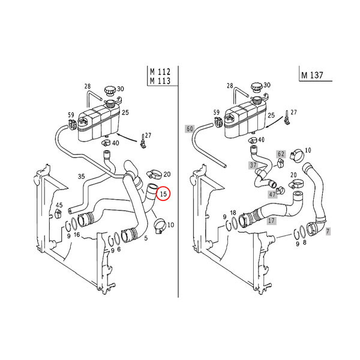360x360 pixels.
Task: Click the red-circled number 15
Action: (163, 194)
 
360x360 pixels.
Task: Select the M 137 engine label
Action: (312, 76)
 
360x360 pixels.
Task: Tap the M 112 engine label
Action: (160, 72)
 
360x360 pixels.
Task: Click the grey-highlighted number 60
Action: (190, 129)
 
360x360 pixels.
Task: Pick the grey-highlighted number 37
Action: (253, 165)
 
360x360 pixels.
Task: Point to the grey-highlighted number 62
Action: (281, 154)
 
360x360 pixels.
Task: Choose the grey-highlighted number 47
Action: (272, 194)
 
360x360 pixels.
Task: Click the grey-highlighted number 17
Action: (271, 221)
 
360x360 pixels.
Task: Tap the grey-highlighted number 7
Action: (328, 232)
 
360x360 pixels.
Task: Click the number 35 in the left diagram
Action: (81, 176)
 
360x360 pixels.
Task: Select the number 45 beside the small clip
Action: (59, 205)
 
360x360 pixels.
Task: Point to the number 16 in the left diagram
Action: (77, 235)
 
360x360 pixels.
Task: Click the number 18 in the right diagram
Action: (233, 213)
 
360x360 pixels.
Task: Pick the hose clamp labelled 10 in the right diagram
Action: (297, 155)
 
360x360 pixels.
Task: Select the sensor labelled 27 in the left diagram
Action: (143, 142)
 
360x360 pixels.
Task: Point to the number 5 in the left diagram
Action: (146, 239)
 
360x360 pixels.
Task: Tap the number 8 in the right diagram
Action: (304, 242)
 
